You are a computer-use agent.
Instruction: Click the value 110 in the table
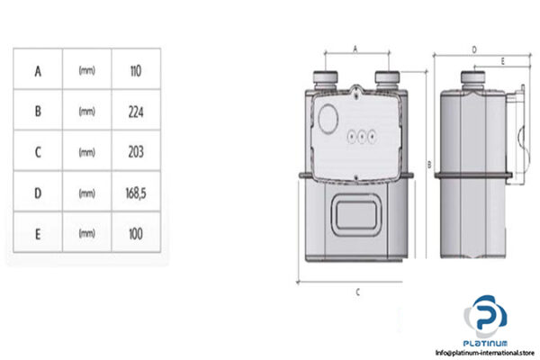pyautogui.click(x=137, y=69)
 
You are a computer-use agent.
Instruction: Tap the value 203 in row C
pyautogui.click(x=137, y=151)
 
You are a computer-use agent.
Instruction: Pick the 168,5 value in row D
pyautogui.click(x=137, y=193)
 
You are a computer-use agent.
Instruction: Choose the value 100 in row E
pyautogui.click(x=137, y=233)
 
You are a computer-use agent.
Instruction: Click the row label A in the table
pyautogui.click(x=38, y=69)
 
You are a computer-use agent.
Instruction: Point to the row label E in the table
pyautogui.click(x=38, y=233)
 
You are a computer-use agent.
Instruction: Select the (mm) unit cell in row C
pyautogui.click(x=87, y=152)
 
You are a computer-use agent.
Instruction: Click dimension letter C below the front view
pyautogui.click(x=358, y=291)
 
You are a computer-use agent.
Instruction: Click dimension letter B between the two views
pyautogui.click(x=429, y=164)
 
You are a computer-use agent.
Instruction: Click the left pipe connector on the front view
pyautogui.click(x=324, y=77)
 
